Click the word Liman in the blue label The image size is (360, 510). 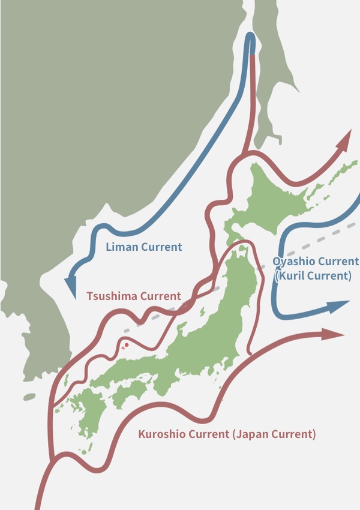(x=122, y=247)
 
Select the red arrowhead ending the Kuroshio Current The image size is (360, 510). (x=332, y=334)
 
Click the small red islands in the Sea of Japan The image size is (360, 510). (x=125, y=345)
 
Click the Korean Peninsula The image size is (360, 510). (x=36, y=336)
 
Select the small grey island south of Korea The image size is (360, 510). (x=29, y=397)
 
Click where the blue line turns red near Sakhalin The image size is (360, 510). (x=253, y=56)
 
